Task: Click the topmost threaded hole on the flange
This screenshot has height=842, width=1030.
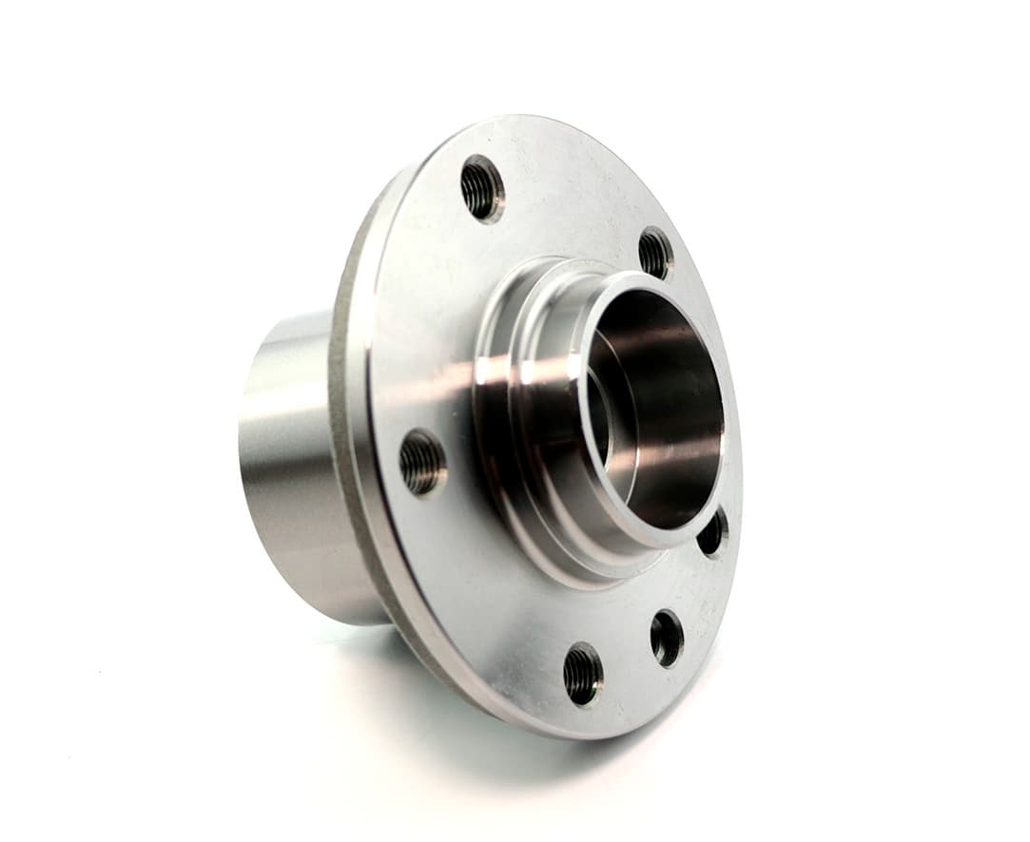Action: tap(482, 188)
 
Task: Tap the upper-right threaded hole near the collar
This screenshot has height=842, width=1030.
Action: tap(655, 252)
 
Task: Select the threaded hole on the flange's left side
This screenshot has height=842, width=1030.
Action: tap(422, 462)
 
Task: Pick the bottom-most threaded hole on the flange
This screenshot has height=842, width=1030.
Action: tap(582, 673)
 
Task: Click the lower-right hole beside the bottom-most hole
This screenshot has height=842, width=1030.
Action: tap(667, 637)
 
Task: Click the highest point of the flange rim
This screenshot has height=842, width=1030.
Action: tap(533, 116)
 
